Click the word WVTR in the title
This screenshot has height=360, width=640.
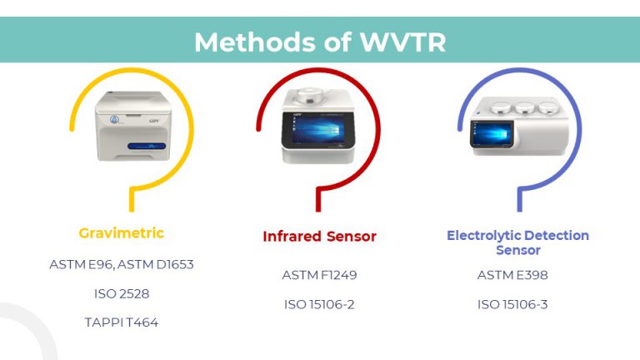(x=402, y=42)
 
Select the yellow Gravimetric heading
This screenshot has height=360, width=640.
(x=121, y=233)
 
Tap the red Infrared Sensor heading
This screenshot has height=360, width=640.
(x=320, y=237)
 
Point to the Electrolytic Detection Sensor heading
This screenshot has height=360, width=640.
(x=518, y=242)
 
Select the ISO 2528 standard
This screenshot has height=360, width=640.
(x=122, y=293)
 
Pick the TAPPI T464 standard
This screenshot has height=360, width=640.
(x=122, y=322)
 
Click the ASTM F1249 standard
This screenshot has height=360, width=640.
(x=320, y=275)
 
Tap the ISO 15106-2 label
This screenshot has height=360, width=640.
(x=320, y=304)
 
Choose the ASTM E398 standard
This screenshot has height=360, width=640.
(x=512, y=275)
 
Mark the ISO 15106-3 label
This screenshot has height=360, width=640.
(x=512, y=304)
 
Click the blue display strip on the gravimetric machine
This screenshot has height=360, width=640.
(x=147, y=146)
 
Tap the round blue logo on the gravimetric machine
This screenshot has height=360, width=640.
(x=114, y=120)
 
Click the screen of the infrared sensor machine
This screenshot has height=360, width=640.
(x=318, y=130)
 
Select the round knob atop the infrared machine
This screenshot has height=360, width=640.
(x=310, y=97)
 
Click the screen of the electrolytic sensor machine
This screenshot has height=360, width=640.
(x=492, y=133)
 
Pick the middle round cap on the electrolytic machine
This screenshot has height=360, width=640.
(x=524, y=107)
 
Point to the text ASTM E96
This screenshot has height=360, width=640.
(x=81, y=264)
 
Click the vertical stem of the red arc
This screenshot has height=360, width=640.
(x=318, y=201)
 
